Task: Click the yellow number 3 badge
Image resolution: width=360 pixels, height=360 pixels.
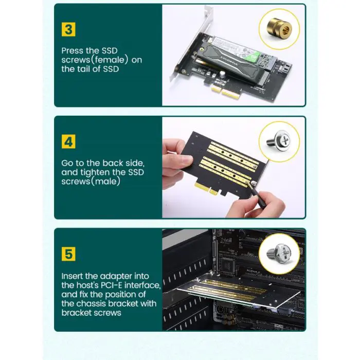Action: point(69,29)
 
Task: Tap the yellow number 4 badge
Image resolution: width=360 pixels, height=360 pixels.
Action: point(69,141)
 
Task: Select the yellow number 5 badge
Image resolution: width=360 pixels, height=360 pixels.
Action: point(69,254)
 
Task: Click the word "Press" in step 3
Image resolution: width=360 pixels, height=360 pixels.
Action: point(73,51)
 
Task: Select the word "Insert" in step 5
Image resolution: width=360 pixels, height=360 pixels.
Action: point(73,276)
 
